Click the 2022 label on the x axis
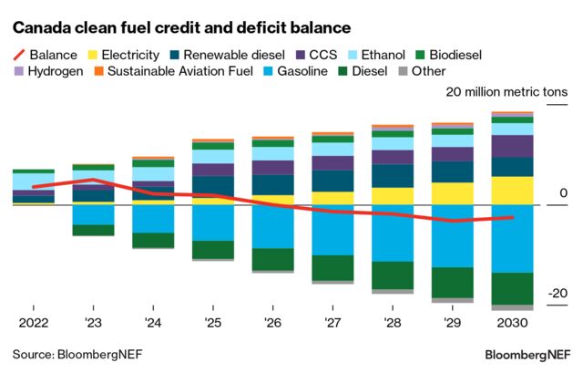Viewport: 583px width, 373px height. click(32, 322)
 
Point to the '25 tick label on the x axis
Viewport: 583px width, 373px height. click(213, 322)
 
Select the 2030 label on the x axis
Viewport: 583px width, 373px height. click(513, 322)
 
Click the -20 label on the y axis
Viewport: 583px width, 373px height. click(558, 294)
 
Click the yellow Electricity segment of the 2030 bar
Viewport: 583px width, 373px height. click(513, 191)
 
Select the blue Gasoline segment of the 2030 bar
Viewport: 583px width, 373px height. click(513, 239)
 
